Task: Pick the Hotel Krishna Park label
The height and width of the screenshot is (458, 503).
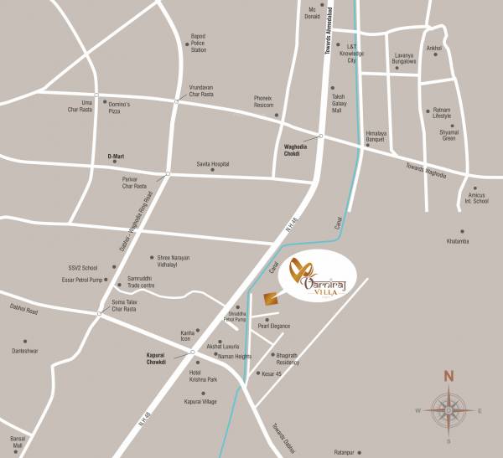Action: click(x=205, y=375)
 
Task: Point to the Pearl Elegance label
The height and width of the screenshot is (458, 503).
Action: click(x=275, y=326)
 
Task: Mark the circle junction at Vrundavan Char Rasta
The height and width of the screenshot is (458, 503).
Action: click(x=176, y=101)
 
